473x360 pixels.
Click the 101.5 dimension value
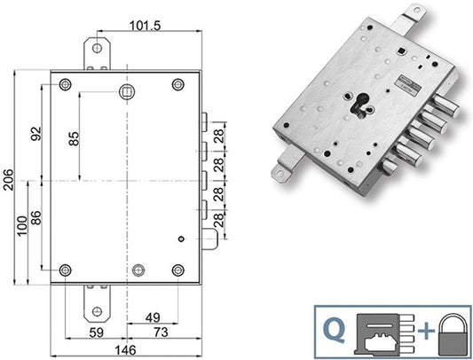click(x=146, y=26)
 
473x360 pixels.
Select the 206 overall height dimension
click(x=8, y=180)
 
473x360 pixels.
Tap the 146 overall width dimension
click(x=125, y=350)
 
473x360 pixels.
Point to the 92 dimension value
click(x=35, y=134)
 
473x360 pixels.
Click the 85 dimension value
click(x=74, y=138)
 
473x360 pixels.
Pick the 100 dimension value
click(x=22, y=226)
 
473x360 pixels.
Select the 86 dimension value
click(x=35, y=218)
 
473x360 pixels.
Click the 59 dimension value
click(x=97, y=333)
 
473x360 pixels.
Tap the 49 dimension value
click(x=153, y=317)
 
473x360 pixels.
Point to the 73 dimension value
click(x=161, y=333)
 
